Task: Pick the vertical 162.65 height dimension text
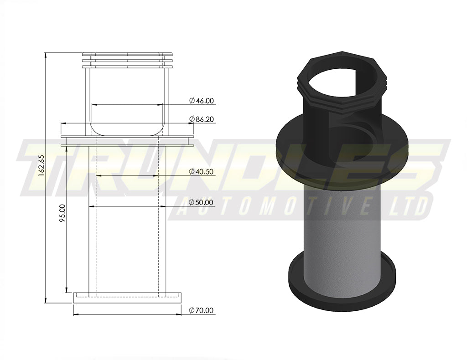41,165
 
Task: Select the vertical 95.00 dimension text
62,212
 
